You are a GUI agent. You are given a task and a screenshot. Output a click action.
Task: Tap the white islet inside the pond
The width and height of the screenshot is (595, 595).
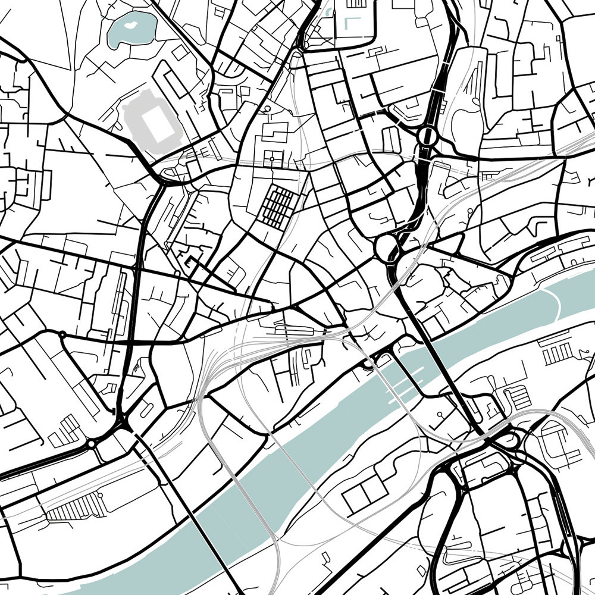pyautogui.click(x=131, y=27)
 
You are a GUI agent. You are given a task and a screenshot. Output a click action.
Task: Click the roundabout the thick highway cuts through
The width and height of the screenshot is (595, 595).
pyautogui.click(x=427, y=136)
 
